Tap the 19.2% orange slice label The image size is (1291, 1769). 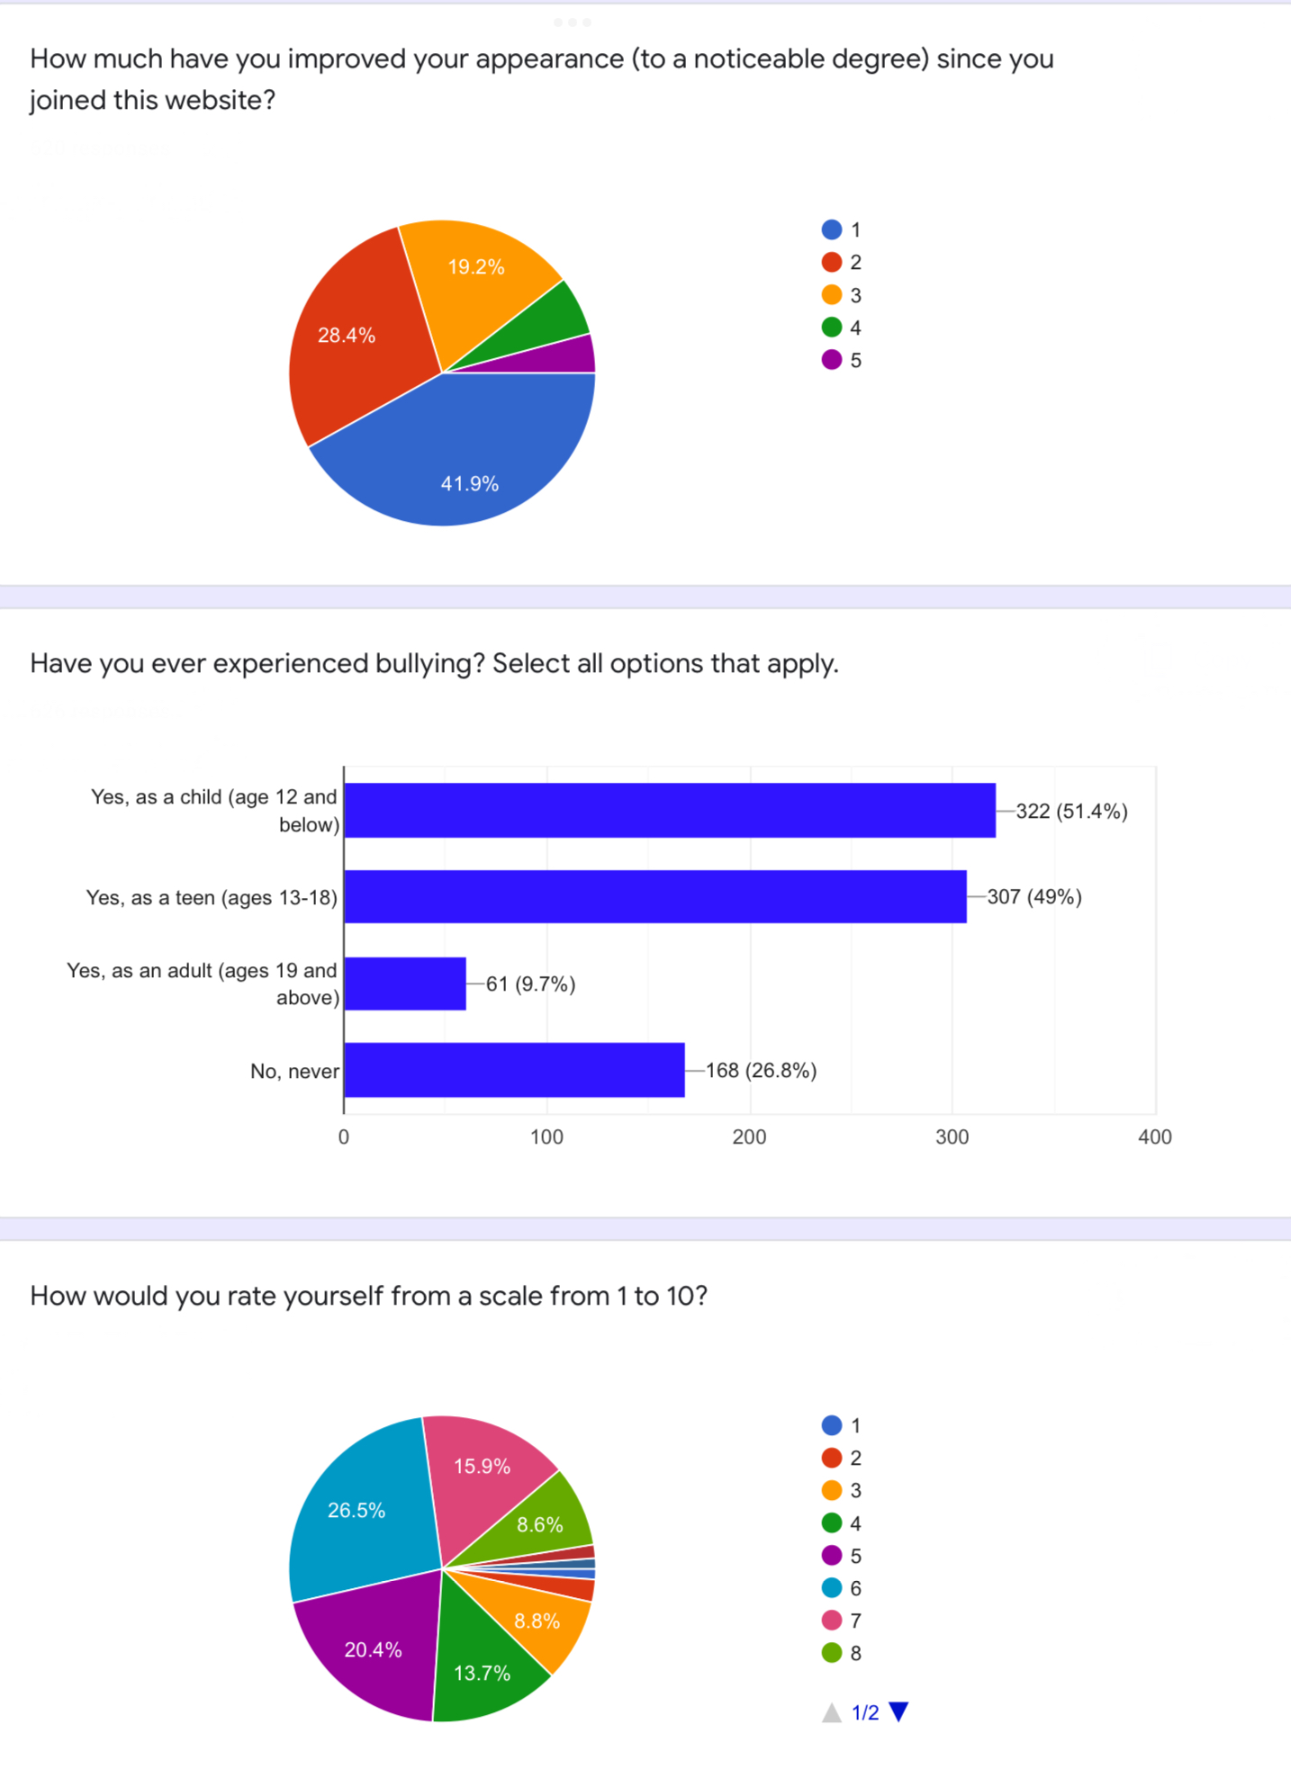click(476, 267)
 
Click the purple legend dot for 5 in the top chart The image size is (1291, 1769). click(832, 360)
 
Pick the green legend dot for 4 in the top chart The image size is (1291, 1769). click(832, 328)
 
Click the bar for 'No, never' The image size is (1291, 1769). click(514, 1070)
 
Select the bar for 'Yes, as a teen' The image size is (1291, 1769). click(655, 896)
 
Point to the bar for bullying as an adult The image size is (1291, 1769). click(405, 983)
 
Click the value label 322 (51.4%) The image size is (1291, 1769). click(1071, 811)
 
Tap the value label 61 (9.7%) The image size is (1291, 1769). click(530, 983)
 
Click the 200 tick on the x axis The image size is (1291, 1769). click(749, 1137)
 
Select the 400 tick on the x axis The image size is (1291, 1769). click(1154, 1137)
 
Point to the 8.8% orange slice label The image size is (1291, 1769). click(537, 1621)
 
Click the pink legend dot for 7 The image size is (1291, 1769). click(832, 1621)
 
